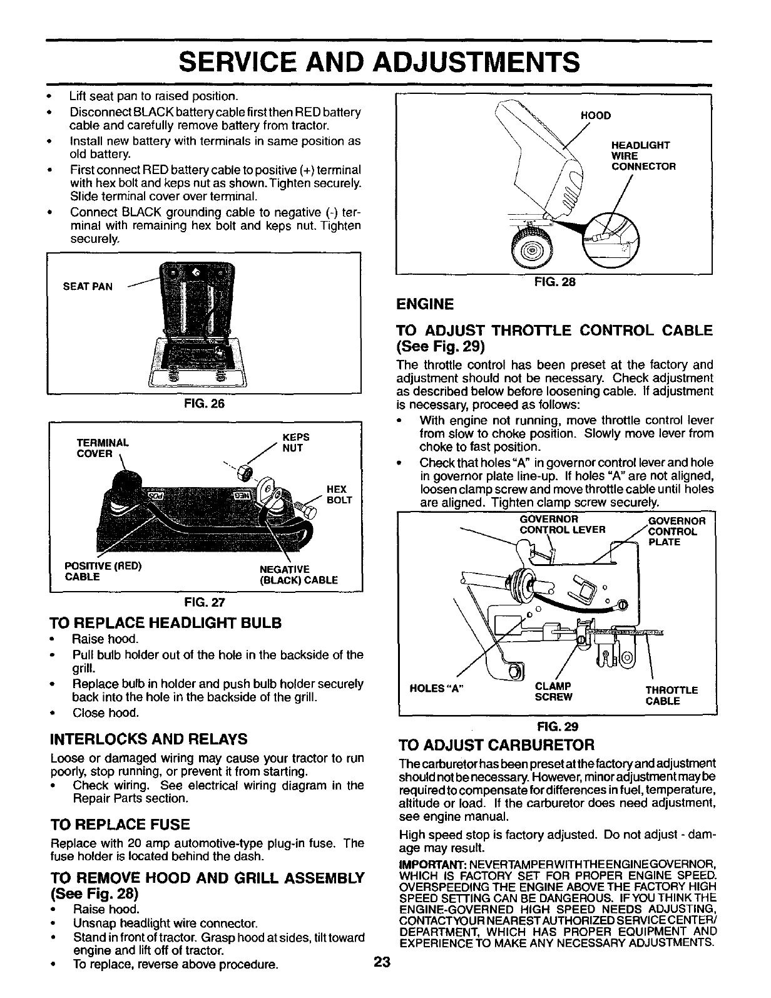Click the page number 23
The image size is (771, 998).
point(382,981)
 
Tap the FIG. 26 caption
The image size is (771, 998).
point(204,404)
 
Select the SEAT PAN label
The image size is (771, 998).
point(88,287)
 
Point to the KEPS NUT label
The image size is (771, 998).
point(292,443)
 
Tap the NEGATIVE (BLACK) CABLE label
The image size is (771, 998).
point(298,575)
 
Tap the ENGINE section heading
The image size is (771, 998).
point(425,304)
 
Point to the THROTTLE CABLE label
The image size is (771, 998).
point(671,695)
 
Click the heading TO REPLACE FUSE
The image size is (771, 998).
point(119,823)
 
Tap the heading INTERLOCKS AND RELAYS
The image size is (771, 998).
point(148,739)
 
